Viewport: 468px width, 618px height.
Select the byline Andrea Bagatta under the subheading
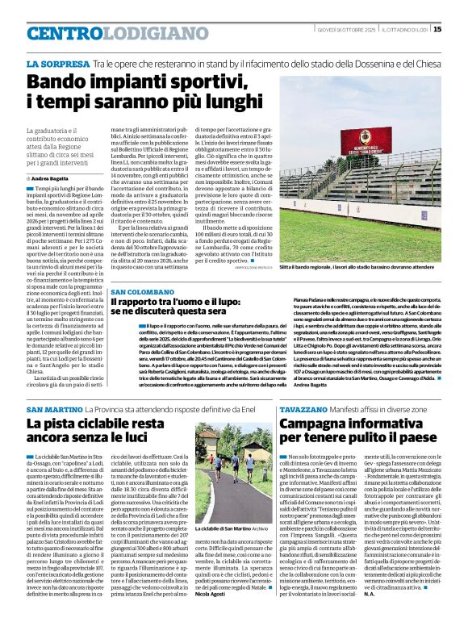(x=48, y=177)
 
